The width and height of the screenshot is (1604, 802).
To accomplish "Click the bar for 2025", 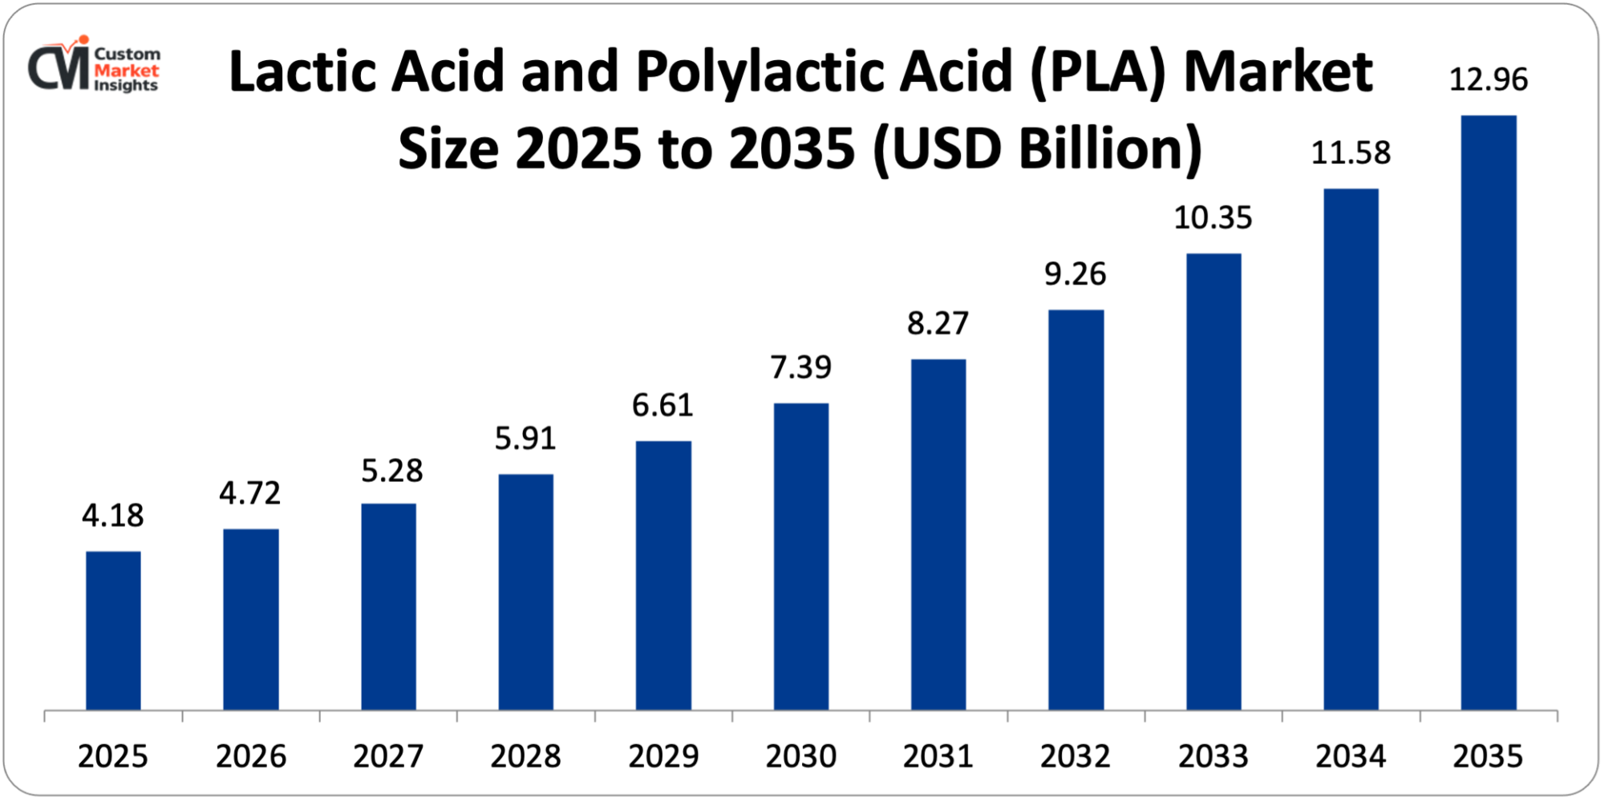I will [x=113, y=630].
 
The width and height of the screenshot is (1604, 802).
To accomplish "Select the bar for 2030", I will [x=801, y=557].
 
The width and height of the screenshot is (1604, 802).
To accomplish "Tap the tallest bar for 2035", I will [x=1489, y=413].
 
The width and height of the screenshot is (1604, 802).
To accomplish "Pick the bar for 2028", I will [x=525, y=592].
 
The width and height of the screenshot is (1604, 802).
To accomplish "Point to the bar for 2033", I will [x=1213, y=481].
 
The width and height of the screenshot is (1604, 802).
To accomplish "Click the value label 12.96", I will [x=1489, y=79].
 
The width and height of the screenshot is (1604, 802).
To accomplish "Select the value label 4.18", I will [x=113, y=516].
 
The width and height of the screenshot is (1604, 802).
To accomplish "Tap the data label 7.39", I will [x=801, y=367].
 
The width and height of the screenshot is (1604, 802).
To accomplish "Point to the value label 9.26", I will [x=1075, y=274].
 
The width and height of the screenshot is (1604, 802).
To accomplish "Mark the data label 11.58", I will [x=1351, y=152].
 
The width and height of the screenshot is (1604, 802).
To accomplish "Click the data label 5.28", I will [x=392, y=471].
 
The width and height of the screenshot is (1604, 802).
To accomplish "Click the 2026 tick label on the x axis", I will [x=251, y=756].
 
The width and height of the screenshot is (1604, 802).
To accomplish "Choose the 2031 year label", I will [x=938, y=756].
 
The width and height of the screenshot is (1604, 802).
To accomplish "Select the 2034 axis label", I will [x=1351, y=756].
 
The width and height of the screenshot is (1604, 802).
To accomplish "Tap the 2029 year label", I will [x=663, y=756].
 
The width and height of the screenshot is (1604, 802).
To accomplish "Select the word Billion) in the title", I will [x=1111, y=150].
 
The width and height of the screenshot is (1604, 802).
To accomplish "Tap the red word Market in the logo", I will [x=127, y=70].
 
